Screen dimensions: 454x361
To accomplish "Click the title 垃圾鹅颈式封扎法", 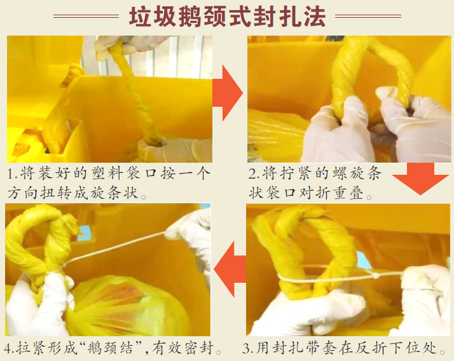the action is tap(227, 17).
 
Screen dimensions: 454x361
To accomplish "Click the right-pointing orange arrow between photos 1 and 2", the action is tap(227, 93).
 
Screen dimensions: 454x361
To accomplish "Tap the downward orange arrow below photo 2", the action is tap(420, 179).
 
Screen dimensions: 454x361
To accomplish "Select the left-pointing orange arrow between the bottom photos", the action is tap(230, 269).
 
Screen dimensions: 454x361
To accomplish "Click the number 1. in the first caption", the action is tap(13, 174).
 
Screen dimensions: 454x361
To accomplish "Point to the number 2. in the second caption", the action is tap(254, 174).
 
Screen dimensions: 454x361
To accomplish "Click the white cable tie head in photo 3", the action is tap(375, 275).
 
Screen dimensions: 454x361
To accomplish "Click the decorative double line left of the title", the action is tap(86, 17).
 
